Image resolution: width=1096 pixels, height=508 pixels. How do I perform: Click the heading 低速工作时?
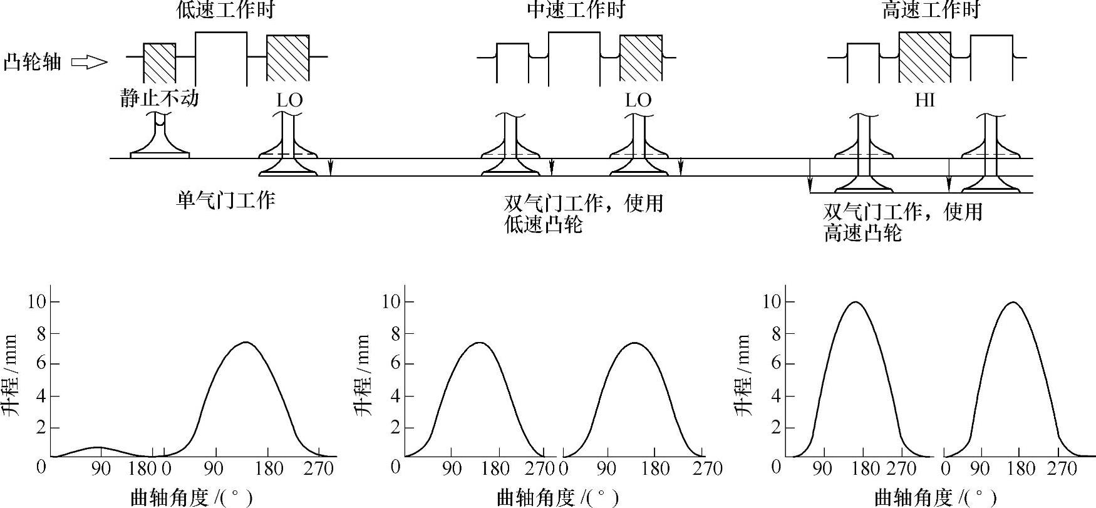pos(225,10)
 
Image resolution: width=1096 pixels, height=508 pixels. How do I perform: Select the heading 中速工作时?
pos(576,10)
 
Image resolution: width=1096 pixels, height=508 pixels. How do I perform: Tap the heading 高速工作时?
pos(930,10)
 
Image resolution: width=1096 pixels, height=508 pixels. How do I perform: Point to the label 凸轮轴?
pos(33,62)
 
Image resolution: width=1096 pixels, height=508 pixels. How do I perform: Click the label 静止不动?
pos(160,98)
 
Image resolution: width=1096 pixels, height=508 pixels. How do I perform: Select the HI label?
pos(924,100)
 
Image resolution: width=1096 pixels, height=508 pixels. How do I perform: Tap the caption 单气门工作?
pos(225,200)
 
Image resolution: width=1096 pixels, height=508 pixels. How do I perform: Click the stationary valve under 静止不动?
pos(160,138)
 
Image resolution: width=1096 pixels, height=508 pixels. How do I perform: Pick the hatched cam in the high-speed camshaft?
pos(924,57)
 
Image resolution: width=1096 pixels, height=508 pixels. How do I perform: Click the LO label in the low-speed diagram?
pos(289,100)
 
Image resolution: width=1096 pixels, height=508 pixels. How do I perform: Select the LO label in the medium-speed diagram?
pos(638,100)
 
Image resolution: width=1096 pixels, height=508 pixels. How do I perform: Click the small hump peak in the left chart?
pos(98,447)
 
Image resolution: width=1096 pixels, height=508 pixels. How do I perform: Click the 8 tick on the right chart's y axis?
pos(776,333)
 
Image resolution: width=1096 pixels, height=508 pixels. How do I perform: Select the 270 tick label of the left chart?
pos(318,469)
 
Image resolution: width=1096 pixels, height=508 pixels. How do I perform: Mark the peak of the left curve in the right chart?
pos(856,302)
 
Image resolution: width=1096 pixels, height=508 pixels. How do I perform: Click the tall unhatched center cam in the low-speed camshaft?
pos(221,57)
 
